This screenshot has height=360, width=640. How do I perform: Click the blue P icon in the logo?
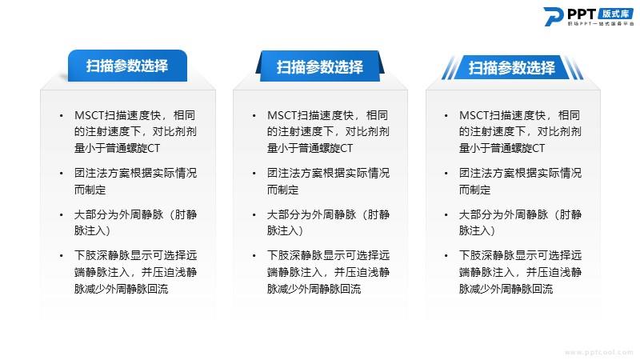point(553,16)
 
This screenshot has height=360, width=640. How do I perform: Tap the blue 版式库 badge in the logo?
point(615,14)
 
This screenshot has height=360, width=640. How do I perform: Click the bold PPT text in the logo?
point(582,14)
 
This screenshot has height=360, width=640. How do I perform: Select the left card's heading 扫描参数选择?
point(127,66)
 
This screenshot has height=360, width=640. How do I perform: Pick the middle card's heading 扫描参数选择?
point(319,67)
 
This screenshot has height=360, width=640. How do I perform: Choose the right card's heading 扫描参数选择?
point(512,68)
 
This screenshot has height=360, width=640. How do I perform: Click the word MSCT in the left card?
point(90,115)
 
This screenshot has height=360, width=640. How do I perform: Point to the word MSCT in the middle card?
point(282,115)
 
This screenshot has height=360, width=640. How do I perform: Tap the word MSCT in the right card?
point(474,115)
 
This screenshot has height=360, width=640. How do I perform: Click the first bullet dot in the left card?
point(62,116)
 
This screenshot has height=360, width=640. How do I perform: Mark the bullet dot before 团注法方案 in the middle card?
point(254,174)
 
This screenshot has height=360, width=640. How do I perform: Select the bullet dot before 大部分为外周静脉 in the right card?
point(446,214)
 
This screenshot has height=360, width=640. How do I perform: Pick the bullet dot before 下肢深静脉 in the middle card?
point(254,256)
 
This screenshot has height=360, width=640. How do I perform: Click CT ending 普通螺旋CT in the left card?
point(154,148)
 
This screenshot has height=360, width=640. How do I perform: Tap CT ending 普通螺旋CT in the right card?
point(538,148)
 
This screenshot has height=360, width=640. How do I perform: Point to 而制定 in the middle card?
point(283,190)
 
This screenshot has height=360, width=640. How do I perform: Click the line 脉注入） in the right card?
point(477,231)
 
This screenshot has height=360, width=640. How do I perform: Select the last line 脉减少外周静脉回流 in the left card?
point(122,289)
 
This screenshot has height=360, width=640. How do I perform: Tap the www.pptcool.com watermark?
point(599,352)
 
